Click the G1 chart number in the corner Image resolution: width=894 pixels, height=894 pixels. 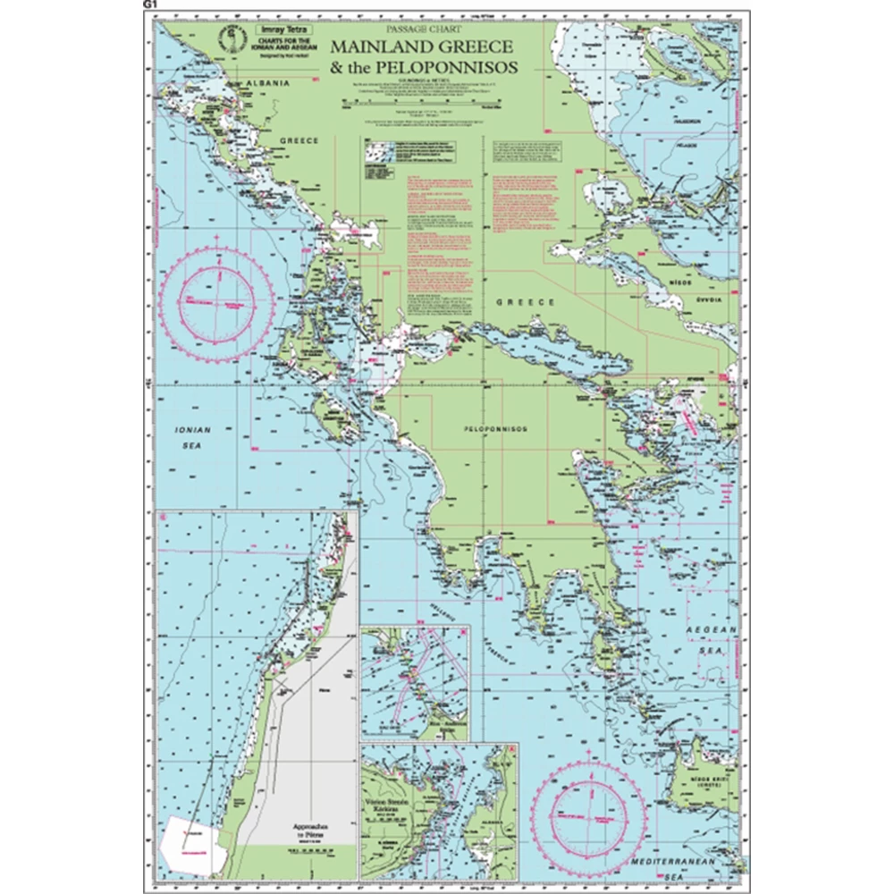click(148, 5)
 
